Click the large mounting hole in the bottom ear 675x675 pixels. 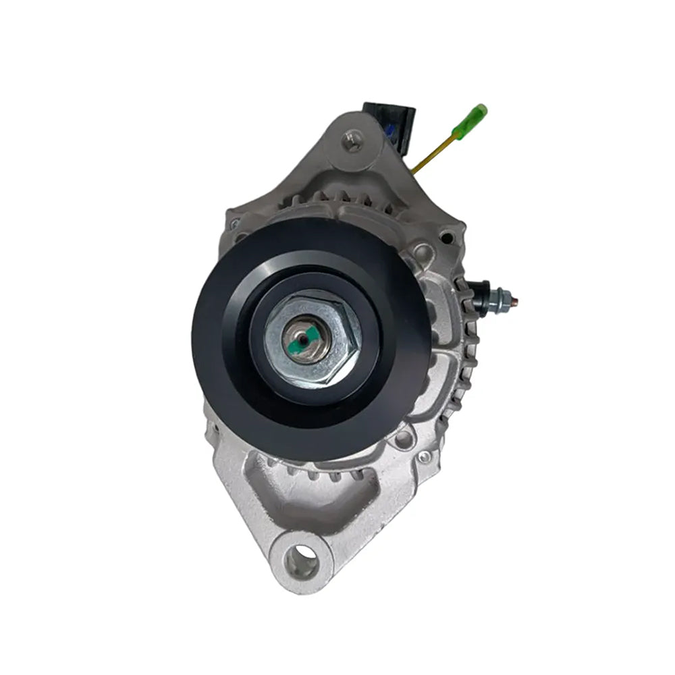[301, 560]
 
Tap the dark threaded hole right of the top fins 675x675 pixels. [446, 238]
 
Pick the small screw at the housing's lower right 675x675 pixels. [424, 457]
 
